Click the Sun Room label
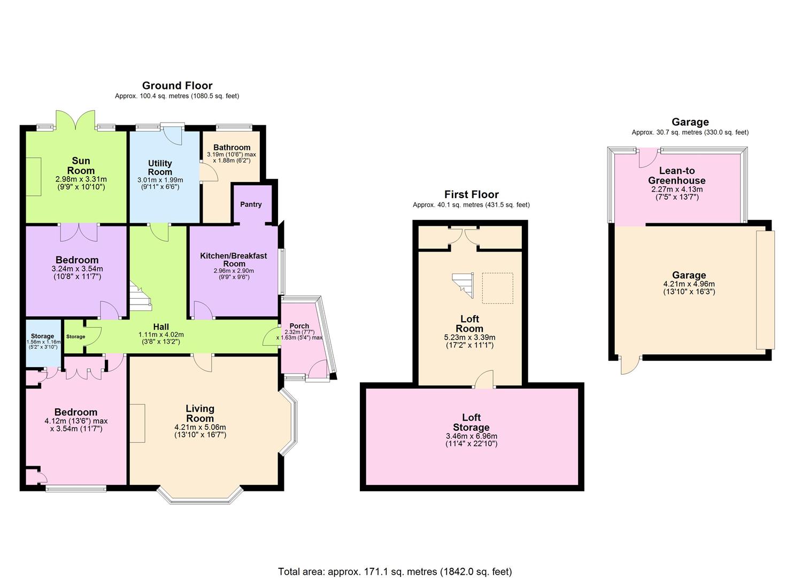coord(81,165)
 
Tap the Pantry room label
coord(251,204)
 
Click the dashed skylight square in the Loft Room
coord(497,288)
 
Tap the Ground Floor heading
coord(177,86)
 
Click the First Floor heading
coord(471,195)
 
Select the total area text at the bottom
coord(395,572)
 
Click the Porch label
coord(299,326)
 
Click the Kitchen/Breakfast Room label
coord(234,260)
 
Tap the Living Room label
coord(200,414)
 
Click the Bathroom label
coord(232,148)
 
